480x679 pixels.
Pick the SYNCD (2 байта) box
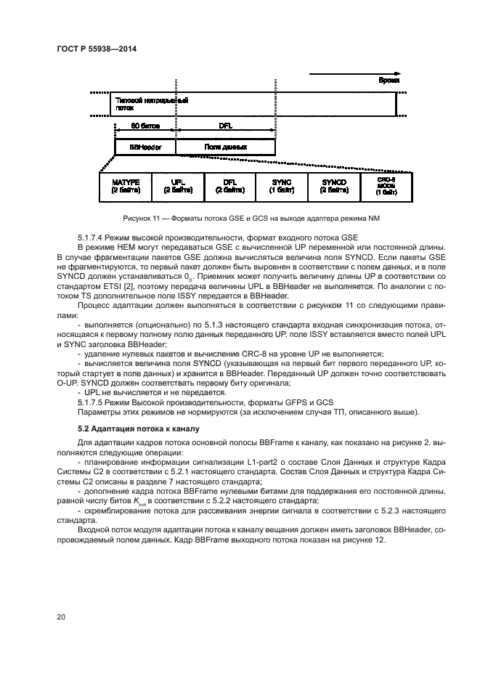pyautogui.click(x=330, y=186)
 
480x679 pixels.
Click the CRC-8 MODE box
pyautogui.click(x=386, y=186)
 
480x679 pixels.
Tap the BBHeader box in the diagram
pyautogui.click(x=145, y=147)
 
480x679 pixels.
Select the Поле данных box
pyautogui.click(x=225, y=147)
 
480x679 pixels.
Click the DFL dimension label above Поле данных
pyautogui.click(x=227, y=126)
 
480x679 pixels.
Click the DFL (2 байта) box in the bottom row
pyautogui.click(x=229, y=186)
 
